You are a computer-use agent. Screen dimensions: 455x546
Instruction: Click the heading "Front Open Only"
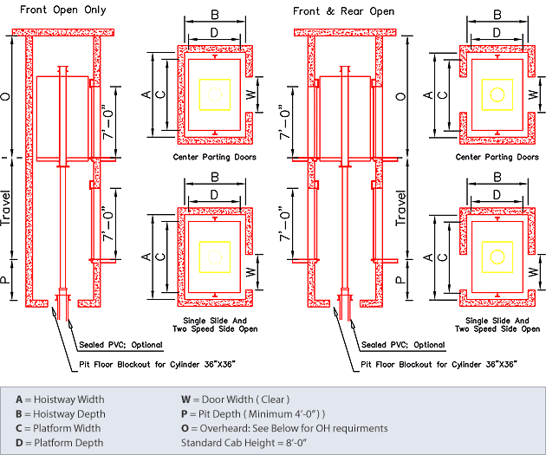(64, 11)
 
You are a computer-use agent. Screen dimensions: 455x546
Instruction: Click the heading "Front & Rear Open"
(343, 11)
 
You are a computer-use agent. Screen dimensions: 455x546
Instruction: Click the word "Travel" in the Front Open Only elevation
(8, 209)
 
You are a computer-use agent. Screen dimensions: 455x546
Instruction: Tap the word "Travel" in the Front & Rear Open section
(401, 209)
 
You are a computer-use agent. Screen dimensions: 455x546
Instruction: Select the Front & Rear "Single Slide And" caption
(497, 320)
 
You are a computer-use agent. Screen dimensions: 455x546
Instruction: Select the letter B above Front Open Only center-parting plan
(214, 15)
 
